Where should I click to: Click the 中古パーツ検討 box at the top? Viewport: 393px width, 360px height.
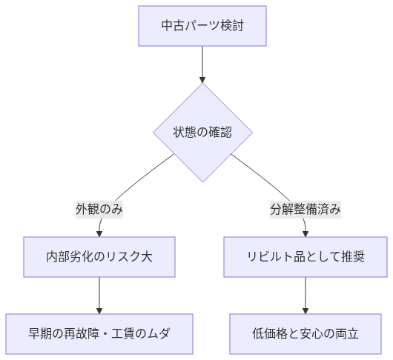pos(202,27)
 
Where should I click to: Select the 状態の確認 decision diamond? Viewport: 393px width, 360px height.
pos(202,133)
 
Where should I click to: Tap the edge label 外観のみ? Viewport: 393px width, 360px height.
pos(99,210)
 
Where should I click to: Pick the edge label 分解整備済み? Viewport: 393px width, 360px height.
pos(305,210)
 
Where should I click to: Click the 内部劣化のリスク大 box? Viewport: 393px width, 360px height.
pos(99,257)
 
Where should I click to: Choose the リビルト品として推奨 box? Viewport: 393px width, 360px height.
pos(305,257)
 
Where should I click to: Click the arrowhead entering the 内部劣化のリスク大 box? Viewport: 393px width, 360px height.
pos(99,233)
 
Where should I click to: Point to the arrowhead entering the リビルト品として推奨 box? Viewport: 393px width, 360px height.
pos(305,233)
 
